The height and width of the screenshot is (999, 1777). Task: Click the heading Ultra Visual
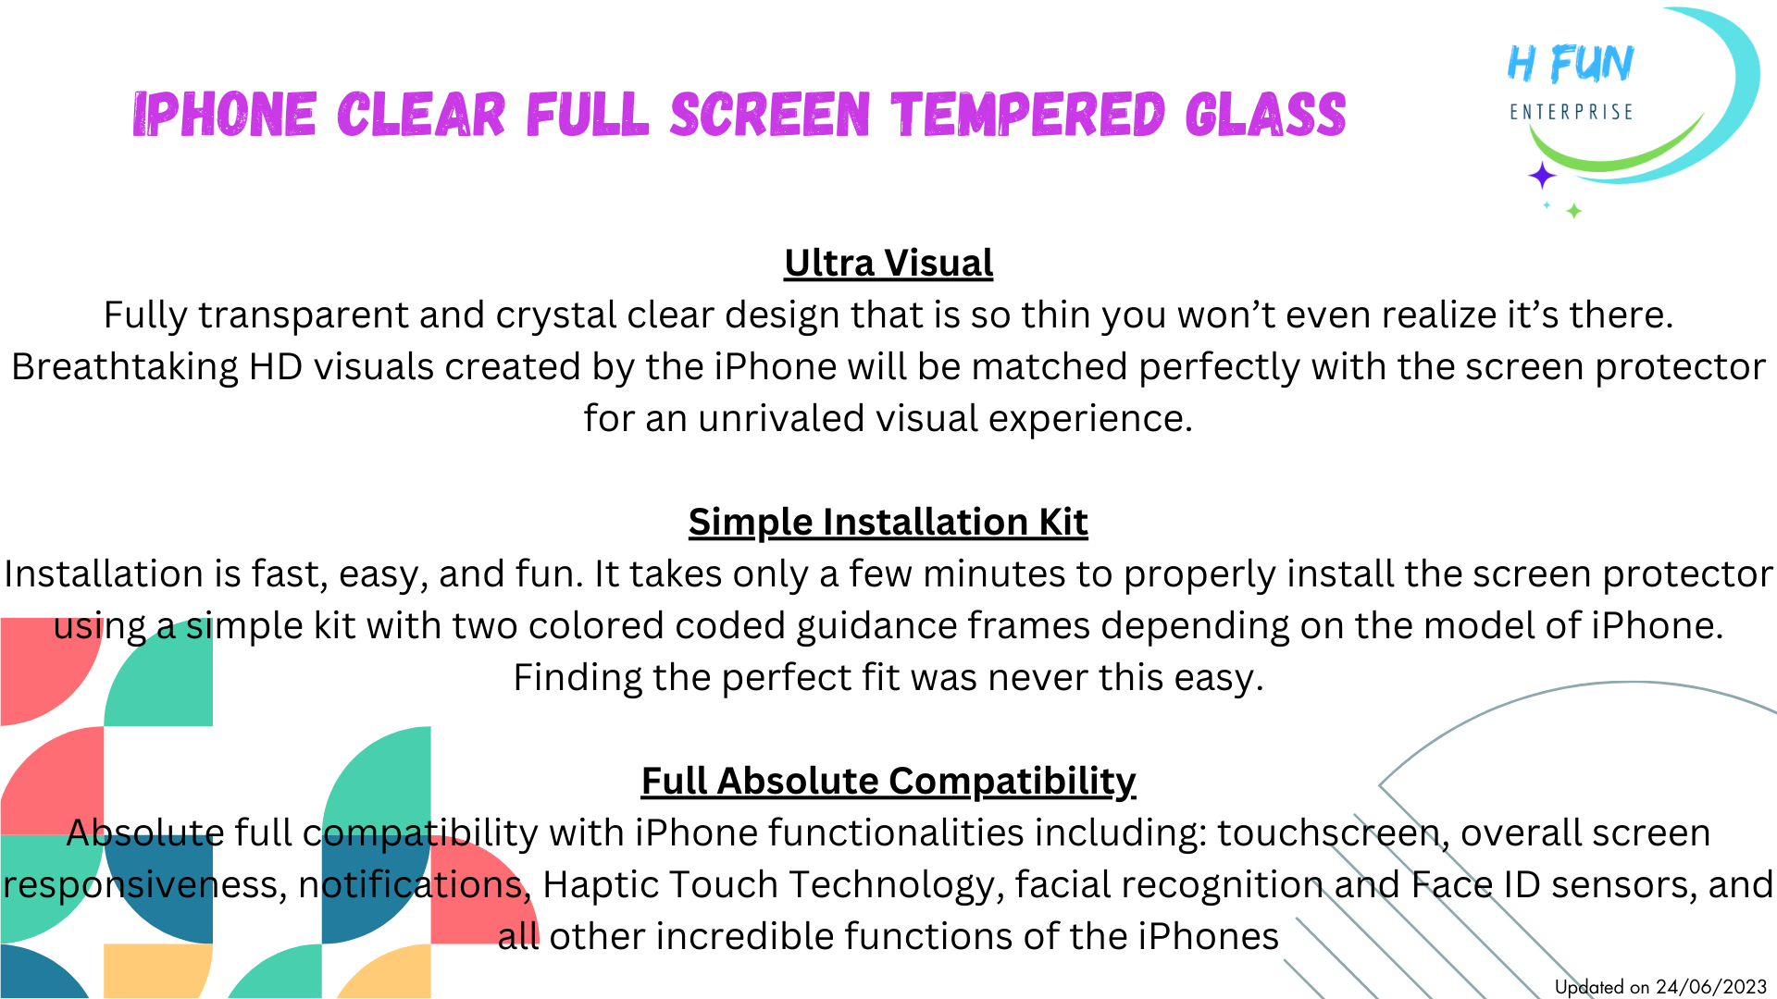888,264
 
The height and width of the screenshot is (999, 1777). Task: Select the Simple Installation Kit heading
888,523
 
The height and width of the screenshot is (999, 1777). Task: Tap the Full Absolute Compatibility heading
888,782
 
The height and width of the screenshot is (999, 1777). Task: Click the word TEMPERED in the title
1027,116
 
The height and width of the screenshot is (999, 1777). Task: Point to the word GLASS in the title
1265,116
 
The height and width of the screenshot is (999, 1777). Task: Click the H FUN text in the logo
1571,65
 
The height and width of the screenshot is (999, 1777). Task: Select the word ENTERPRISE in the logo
1571,113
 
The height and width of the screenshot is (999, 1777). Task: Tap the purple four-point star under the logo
1542,175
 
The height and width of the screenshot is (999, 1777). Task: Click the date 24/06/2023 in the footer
1711,987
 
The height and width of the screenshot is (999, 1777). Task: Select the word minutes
994,574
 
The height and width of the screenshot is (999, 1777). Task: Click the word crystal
555,316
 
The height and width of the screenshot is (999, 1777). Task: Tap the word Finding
578,678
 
